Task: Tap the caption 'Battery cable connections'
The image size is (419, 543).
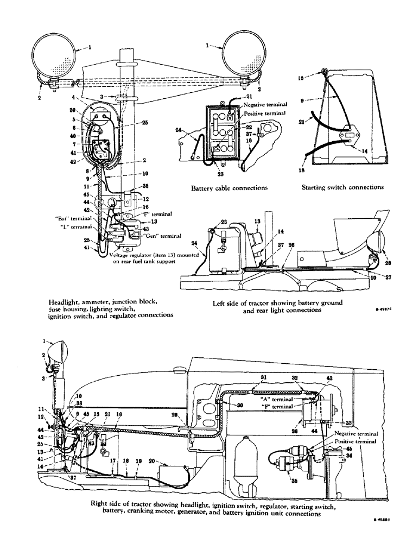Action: pyautogui.click(x=230, y=188)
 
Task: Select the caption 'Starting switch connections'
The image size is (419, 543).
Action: pyautogui.click(x=342, y=187)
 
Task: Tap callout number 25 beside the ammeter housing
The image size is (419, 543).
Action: pyautogui.click(x=130, y=123)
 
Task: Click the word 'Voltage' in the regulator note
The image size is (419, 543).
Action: pyautogui.click(x=120, y=255)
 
